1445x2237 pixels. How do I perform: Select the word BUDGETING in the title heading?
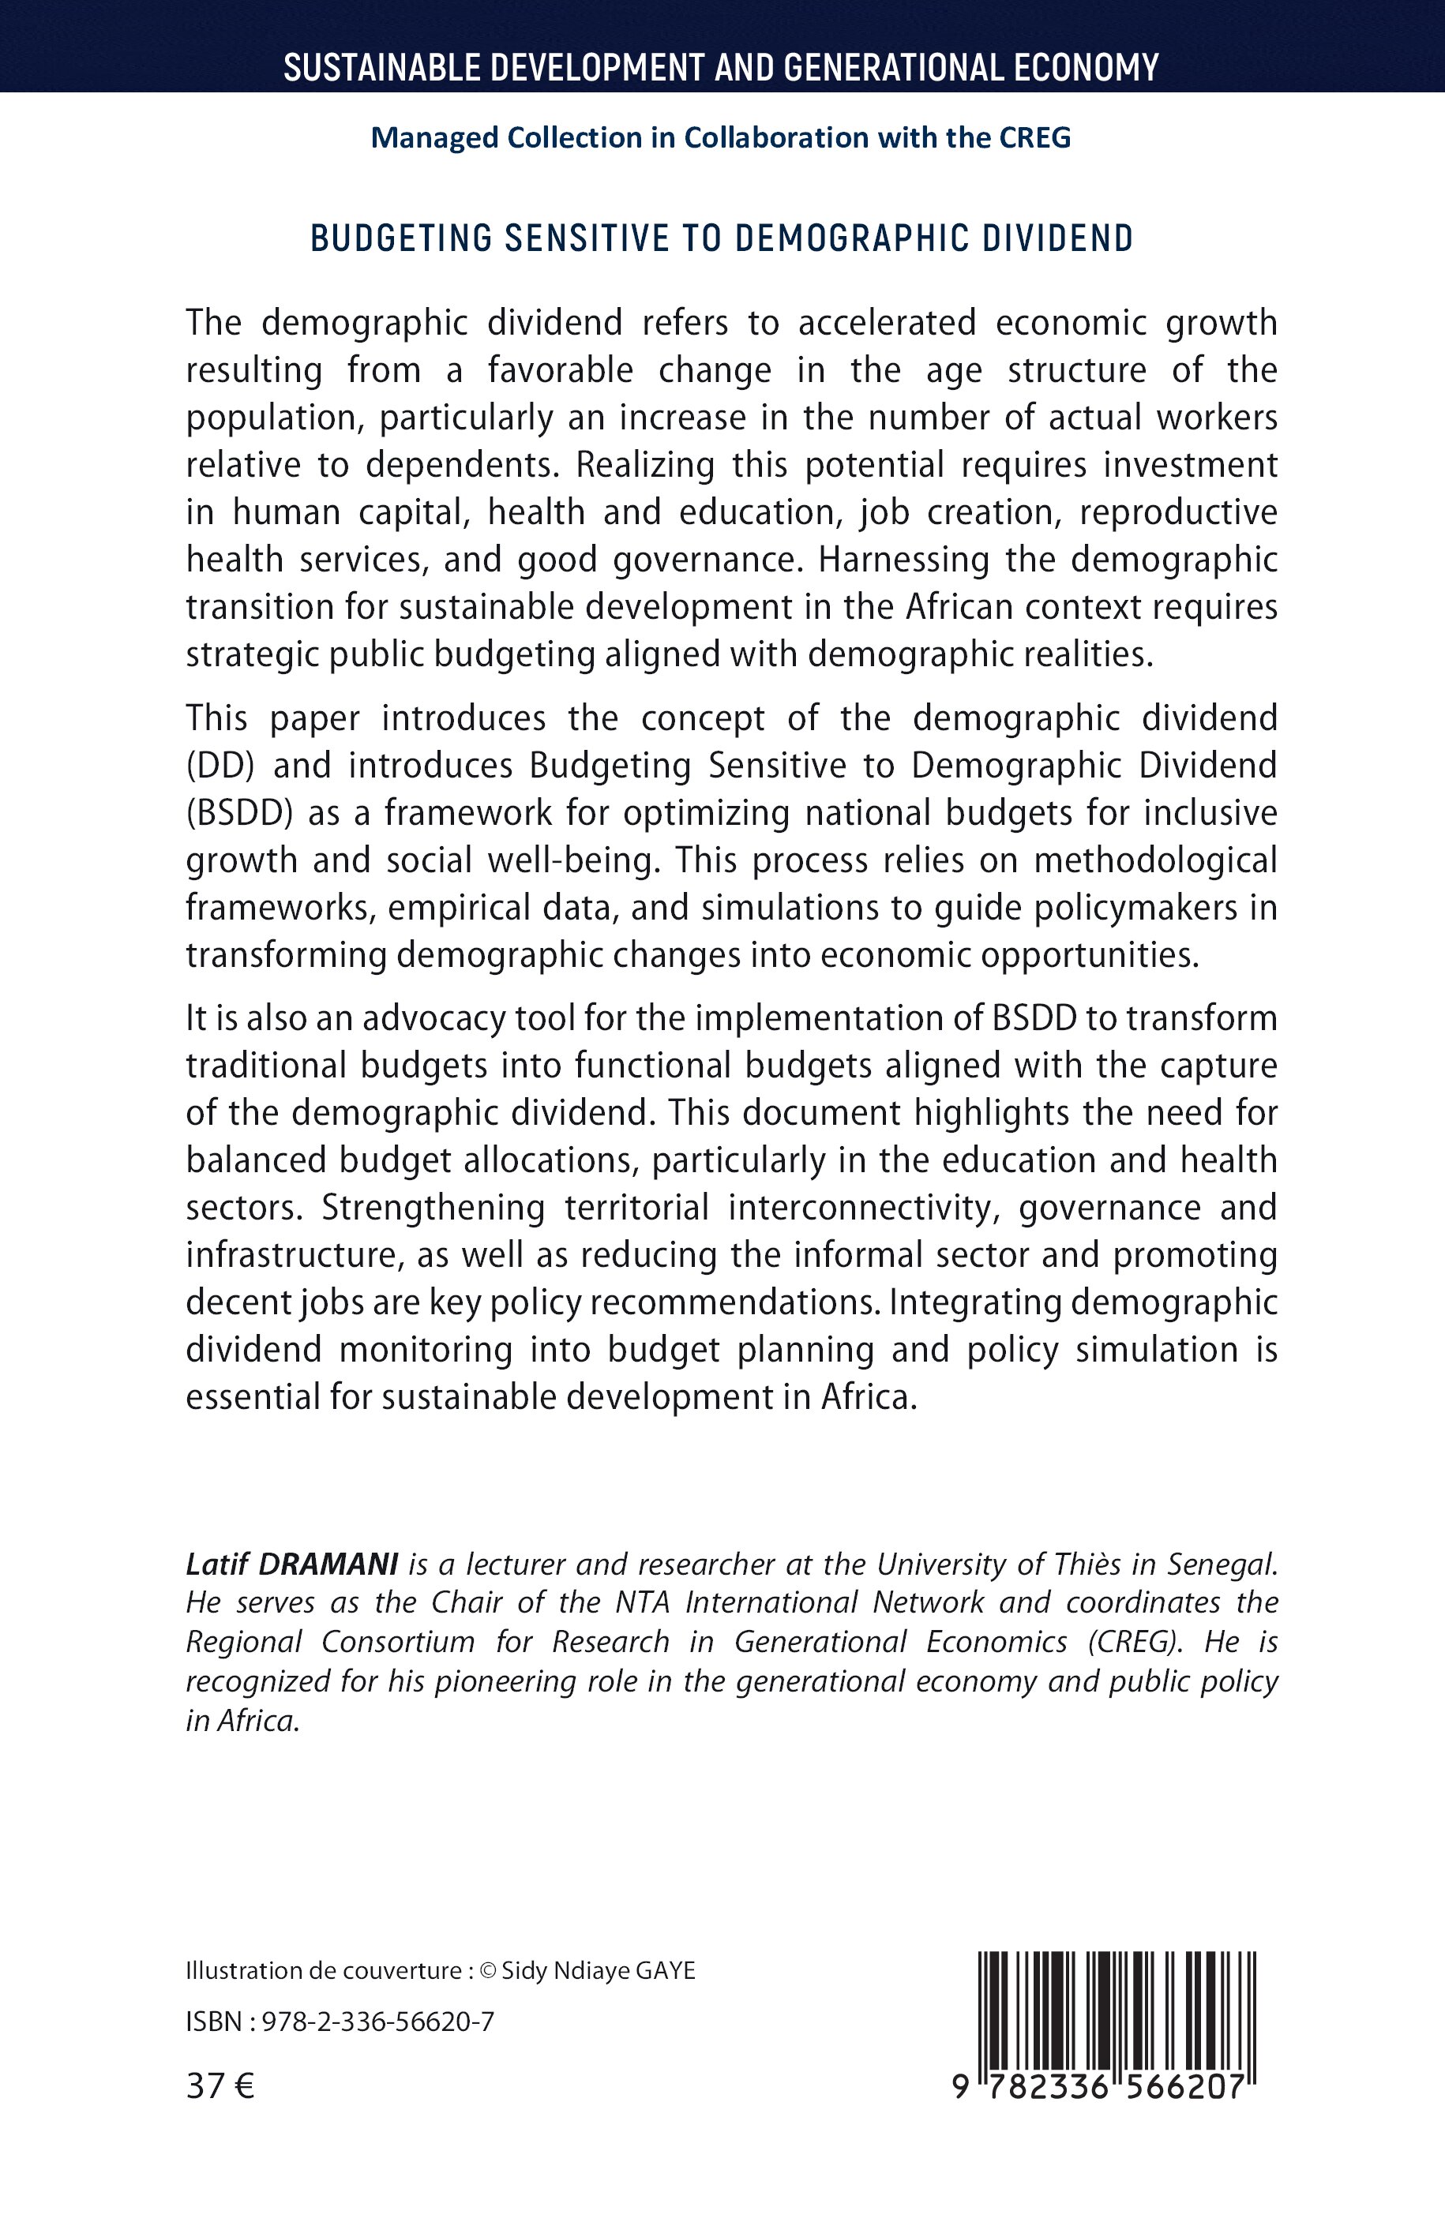(403, 239)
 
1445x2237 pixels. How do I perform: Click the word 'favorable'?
(560, 370)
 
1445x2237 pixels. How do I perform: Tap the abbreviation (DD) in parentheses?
(220, 766)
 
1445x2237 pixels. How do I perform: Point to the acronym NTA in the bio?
(642, 1603)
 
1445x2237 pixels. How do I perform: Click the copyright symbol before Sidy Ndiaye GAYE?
(487, 1971)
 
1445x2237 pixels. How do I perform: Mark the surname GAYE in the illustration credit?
(666, 1971)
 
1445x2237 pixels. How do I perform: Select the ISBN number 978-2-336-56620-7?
(377, 2022)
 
